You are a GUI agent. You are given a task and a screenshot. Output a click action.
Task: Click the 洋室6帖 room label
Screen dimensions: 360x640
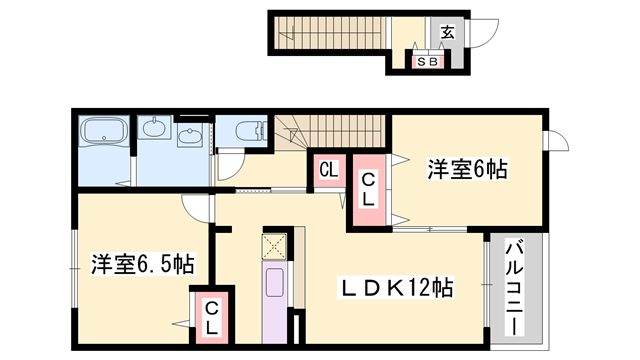[468, 169]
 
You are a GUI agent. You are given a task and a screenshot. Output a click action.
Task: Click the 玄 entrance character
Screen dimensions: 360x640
[447, 33]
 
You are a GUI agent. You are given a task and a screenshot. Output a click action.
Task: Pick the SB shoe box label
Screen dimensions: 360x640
[427, 62]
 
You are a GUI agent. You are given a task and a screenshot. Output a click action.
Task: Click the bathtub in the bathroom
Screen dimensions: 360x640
[105, 132]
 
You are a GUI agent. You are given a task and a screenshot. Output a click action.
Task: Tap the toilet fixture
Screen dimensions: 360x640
[247, 132]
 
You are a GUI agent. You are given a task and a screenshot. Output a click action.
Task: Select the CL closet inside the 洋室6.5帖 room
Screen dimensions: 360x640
[213, 319]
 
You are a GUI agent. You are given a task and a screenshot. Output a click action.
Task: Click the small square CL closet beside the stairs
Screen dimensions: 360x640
[327, 170]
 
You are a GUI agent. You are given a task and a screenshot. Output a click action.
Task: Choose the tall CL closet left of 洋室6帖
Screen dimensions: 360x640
[368, 189]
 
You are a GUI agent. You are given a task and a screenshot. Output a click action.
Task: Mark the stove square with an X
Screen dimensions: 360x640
[274, 245]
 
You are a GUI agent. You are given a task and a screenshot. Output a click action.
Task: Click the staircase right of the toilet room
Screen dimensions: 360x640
[335, 129]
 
